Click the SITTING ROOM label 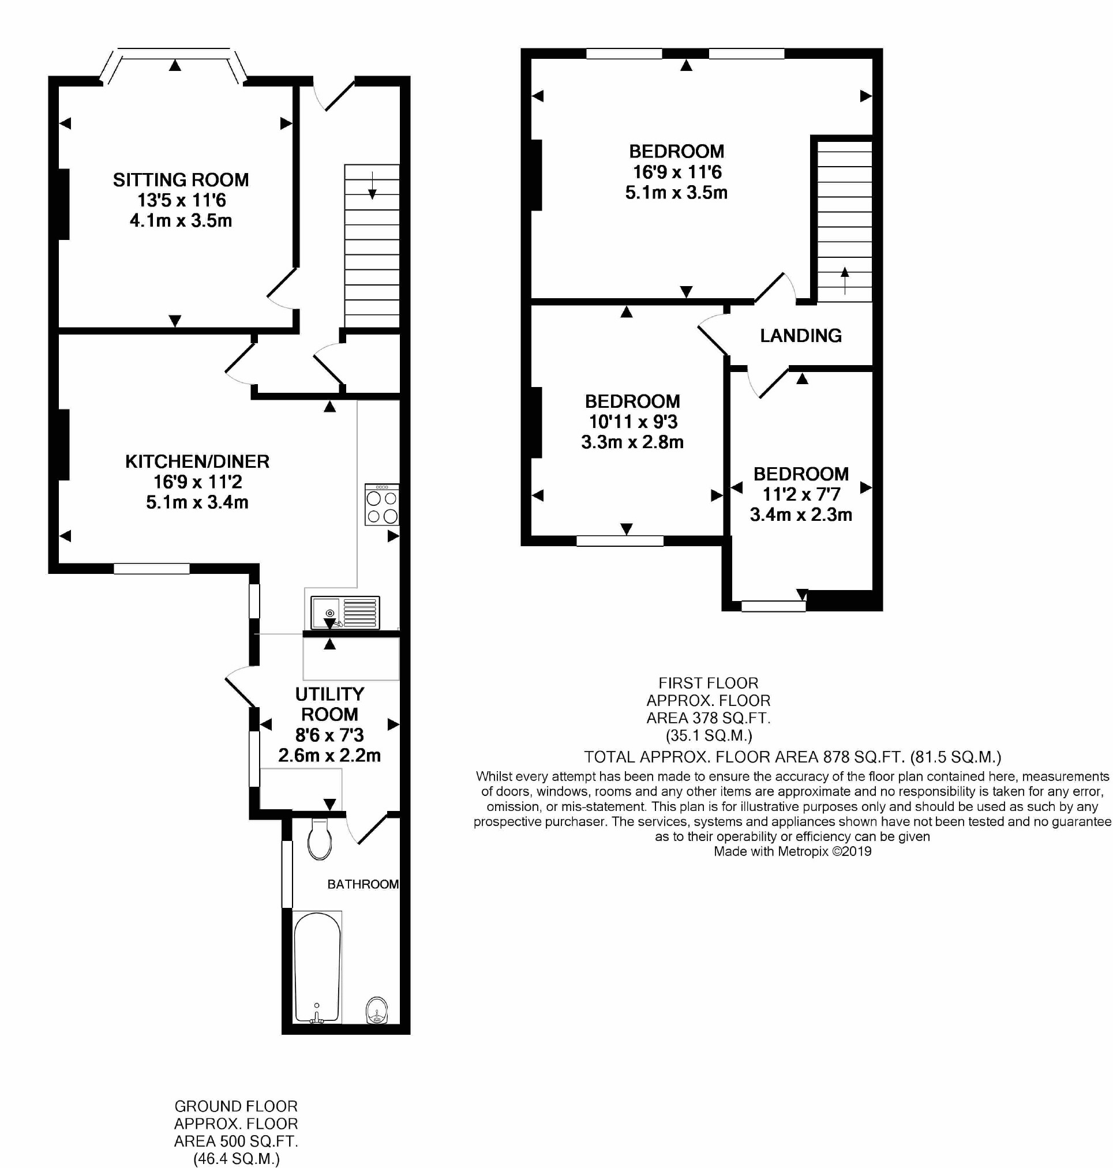pos(181,180)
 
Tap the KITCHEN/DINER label pos(197,461)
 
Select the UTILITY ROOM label pos(330,704)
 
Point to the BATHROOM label pos(363,884)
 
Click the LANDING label pos(801,336)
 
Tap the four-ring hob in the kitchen pos(382,504)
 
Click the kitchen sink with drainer pos(345,612)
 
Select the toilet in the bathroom pos(320,839)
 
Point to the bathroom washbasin pos(377,1010)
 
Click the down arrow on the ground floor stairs pos(372,185)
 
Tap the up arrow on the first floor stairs pos(845,280)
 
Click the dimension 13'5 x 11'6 pos(182,201)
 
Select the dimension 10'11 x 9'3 pos(633,422)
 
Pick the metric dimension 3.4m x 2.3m pos(801,514)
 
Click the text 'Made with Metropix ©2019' pos(793,851)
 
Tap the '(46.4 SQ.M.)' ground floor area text pos(236,1159)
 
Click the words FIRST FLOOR pos(709,683)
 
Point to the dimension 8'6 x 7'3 pos(330,735)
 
